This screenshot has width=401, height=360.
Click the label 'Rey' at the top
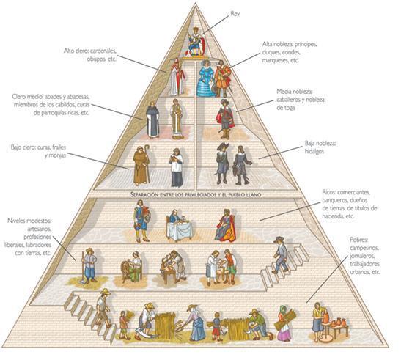(x=235, y=14)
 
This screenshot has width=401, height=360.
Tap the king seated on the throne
(x=196, y=42)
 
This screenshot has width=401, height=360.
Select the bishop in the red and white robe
(x=177, y=77)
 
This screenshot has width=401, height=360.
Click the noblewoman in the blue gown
(x=205, y=78)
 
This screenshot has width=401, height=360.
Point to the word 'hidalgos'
(x=314, y=152)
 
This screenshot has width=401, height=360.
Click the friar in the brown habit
(x=141, y=165)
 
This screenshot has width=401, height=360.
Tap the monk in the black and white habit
(x=152, y=120)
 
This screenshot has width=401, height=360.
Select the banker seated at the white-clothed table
(x=178, y=225)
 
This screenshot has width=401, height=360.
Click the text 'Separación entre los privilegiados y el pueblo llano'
(x=196, y=195)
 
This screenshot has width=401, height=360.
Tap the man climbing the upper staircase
(x=281, y=255)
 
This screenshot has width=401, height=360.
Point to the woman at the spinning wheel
(x=132, y=267)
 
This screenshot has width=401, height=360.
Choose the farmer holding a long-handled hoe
(x=89, y=265)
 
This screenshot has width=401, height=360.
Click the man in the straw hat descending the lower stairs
(x=103, y=308)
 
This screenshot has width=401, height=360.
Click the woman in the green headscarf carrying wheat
(x=283, y=323)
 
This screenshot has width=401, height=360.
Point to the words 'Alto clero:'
(x=76, y=51)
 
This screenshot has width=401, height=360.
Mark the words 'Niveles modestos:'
(x=29, y=220)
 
